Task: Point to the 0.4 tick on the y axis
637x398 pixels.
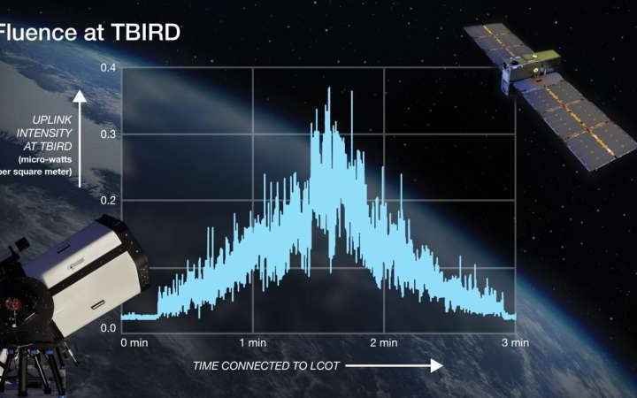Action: (107, 68)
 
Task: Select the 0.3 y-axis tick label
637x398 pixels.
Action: (107, 134)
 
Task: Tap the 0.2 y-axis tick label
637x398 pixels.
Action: (107, 200)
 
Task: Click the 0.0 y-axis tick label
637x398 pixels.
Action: (107, 328)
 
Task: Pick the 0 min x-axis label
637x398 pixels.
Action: (135, 342)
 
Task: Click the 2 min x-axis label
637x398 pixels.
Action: (383, 342)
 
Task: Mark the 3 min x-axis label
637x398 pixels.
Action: (514, 342)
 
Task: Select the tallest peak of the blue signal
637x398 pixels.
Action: (329, 89)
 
